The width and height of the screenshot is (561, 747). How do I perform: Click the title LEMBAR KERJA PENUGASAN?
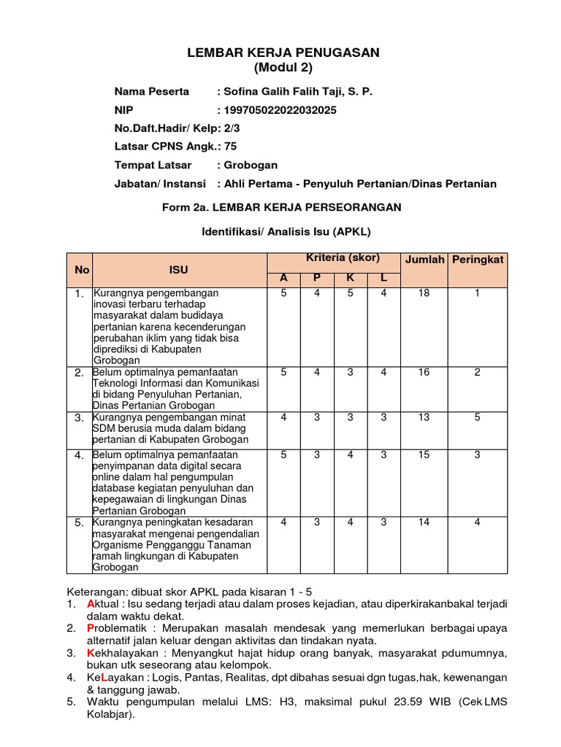click(x=283, y=53)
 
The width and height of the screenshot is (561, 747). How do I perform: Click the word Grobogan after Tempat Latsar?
click(x=251, y=165)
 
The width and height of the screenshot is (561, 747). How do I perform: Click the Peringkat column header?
click(x=478, y=260)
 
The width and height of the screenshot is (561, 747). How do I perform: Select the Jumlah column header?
click(x=424, y=260)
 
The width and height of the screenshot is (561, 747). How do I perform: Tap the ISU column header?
click(x=179, y=270)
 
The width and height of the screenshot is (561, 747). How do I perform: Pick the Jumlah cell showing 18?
click(x=424, y=293)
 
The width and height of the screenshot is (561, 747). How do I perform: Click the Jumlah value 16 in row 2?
click(x=424, y=372)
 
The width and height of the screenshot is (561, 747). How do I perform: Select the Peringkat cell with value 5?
click(x=477, y=417)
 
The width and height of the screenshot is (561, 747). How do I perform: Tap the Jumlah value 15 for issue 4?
click(x=424, y=455)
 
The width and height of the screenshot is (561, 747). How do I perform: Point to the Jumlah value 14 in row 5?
click(x=424, y=522)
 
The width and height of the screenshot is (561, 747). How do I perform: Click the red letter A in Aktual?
click(x=90, y=605)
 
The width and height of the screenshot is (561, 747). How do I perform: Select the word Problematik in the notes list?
click(x=118, y=628)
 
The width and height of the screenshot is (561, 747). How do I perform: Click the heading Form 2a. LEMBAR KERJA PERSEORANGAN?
click(x=282, y=207)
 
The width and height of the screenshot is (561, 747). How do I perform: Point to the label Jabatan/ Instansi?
click(x=160, y=184)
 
